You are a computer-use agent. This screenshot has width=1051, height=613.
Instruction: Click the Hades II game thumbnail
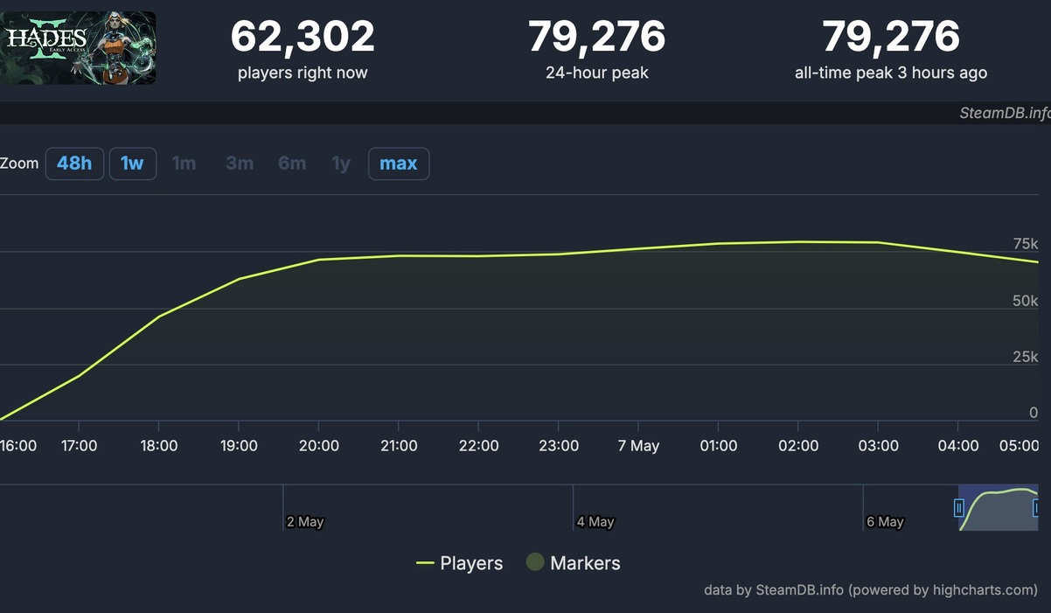[78, 48]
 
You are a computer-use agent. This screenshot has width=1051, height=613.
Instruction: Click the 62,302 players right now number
[303, 37]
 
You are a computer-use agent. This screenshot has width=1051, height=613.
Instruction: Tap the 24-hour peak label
[596, 73]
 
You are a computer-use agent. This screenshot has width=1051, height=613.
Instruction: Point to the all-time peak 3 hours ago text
[890, 73]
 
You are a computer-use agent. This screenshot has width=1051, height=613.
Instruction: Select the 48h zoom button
[74, 164]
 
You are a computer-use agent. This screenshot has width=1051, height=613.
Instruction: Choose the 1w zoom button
[132, 164]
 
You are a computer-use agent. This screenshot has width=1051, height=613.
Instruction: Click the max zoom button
[398, 164]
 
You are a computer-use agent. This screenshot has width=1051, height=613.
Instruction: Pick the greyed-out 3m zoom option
[240, 164]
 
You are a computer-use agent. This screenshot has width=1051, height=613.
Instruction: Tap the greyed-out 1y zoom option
[341, 164]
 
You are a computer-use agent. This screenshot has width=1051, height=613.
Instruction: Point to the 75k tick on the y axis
[1025, 243]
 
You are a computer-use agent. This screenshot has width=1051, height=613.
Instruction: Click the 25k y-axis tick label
[1025, 357]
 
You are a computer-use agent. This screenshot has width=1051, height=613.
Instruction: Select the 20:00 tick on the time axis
[319, 446]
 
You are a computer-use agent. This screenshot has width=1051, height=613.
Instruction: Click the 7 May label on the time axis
[638, 446]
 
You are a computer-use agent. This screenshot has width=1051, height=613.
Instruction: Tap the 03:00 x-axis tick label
[878, 446]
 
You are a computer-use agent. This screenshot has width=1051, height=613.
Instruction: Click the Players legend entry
[460, 563]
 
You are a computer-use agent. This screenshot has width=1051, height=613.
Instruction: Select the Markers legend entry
[574, 563]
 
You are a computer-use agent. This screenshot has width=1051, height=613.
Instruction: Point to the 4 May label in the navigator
[595, 522]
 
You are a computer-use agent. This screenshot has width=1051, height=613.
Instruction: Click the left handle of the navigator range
[959, 508]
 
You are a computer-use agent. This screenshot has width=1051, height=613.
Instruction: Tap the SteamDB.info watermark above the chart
[1004, 113]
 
